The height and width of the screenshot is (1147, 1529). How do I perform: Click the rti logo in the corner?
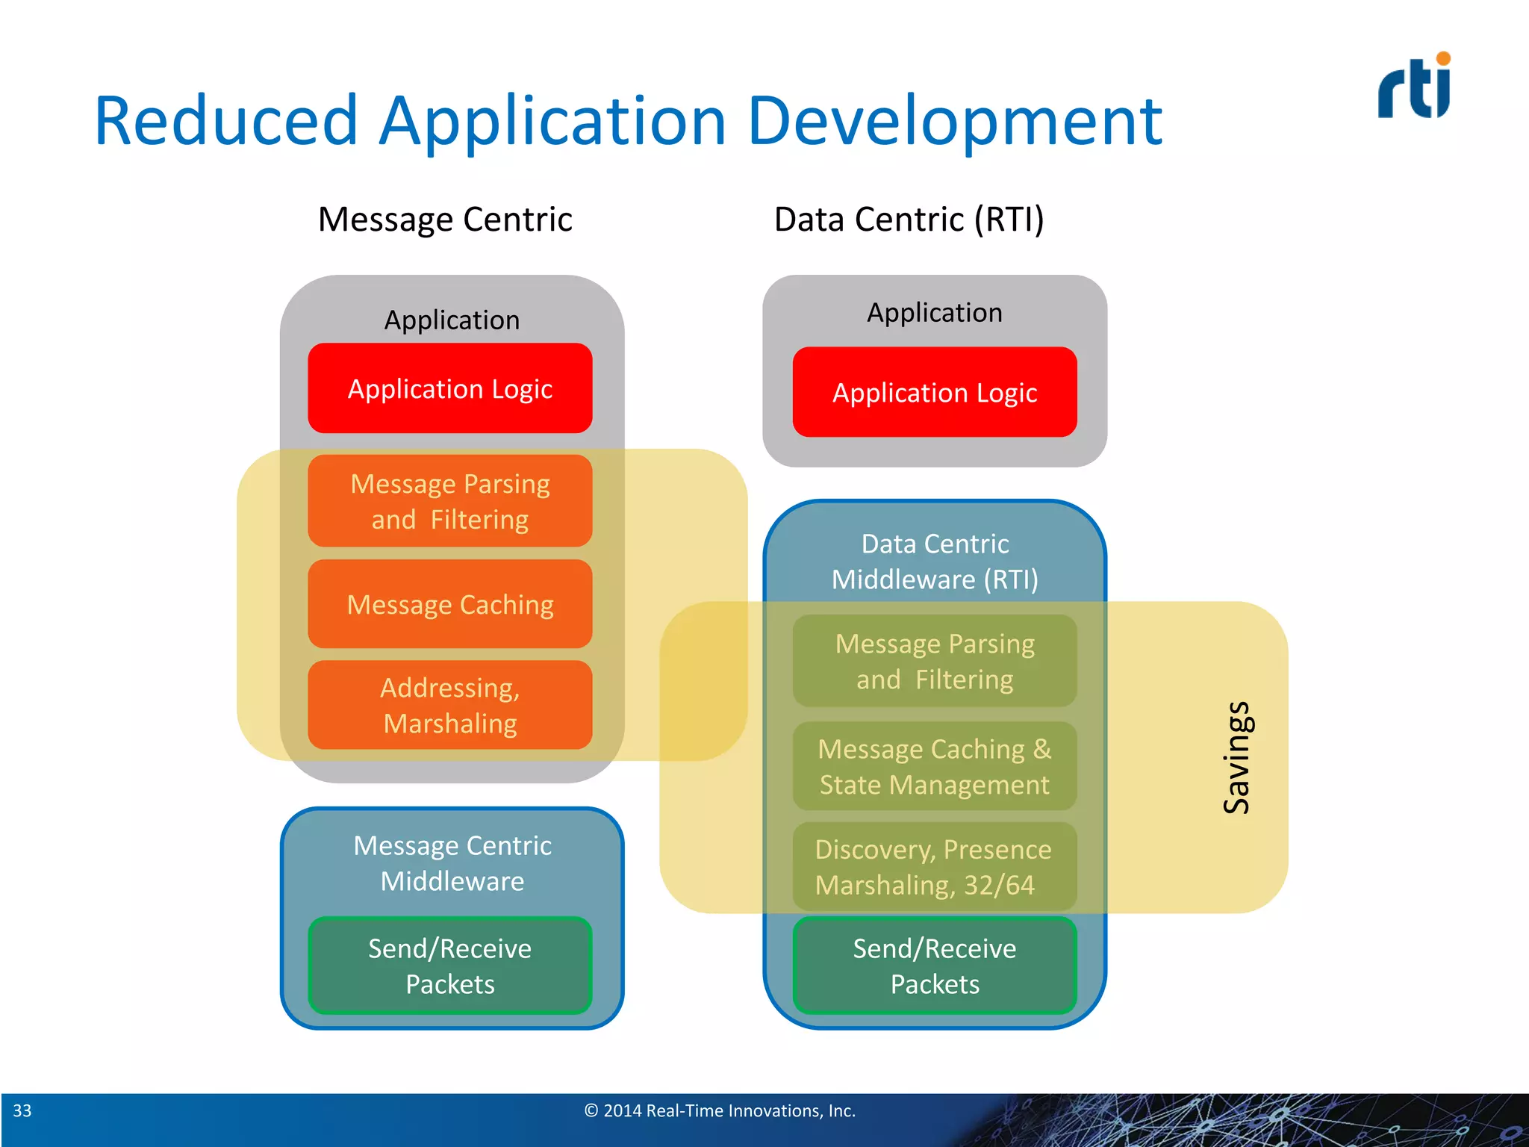(x=1413, y=88)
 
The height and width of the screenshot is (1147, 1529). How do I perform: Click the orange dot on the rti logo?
(x=1443, y=58)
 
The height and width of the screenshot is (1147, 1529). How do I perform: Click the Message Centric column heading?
(x=445, y=220)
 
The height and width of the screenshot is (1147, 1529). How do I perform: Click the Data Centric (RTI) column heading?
(x=909, y=220)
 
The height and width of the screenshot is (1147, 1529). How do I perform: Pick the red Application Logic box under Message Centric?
(x=450, y=388)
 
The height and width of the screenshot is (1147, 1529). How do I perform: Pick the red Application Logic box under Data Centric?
(x=935, y=392)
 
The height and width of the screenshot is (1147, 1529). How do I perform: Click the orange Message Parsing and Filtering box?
(x=450, y=501)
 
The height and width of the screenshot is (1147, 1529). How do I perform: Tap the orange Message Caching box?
(x=450, y=604)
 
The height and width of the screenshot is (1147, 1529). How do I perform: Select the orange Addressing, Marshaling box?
(x=450, y=705)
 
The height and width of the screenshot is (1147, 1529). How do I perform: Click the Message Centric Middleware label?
(x=452, y=863)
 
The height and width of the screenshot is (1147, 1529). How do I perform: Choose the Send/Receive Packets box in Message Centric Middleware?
(x=450, y=966)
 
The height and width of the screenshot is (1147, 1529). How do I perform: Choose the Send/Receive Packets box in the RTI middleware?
(x=935, y=966)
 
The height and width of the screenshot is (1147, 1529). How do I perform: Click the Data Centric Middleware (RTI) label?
(x=935, y=562)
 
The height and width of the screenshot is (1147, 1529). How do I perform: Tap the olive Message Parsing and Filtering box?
(x=935, y=661)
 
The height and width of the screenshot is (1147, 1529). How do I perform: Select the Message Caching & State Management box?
(x=935, y=766)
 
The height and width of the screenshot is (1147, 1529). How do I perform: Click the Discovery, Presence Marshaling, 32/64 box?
(x=933, y=867)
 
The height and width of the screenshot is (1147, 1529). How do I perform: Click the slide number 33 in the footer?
(x=22, y=1110)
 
